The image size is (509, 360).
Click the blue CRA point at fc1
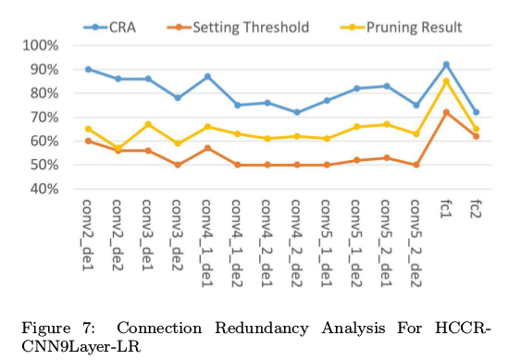pyautogui.click(x=446, y=65)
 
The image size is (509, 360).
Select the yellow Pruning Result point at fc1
pyautogui.click(x=446, y=81)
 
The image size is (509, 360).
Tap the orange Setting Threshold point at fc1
pyautogui.click(x=446, y=112)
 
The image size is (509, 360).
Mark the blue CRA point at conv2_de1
pyautogui.click(x=88, y=69)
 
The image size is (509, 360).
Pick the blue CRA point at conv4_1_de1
pyautogui.click(x=207, y=77)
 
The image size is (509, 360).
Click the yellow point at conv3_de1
pyautogui.click(x=148, y=124)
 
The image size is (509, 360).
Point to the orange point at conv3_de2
pyautogui.click(x=178, y=165)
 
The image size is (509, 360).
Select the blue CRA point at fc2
pyautogui.click(x=476, y=112)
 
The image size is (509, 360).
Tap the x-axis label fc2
pyautogui.click(x=477, y=212)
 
